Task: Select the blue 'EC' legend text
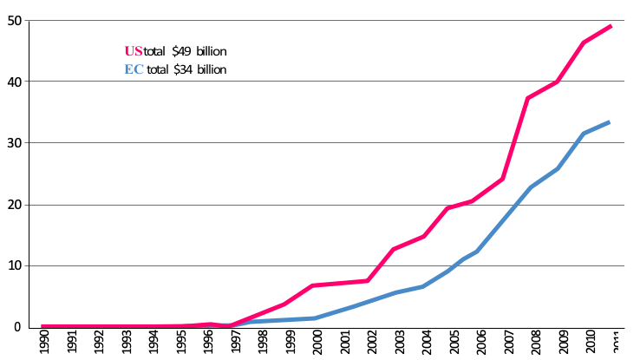click(x=134, y=69)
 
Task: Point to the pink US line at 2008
click(x=529, y=98)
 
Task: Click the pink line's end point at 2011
click(x=610, y=26)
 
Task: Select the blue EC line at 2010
click(x=583, y=134)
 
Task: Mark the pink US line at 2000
click(x=313, y=285)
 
